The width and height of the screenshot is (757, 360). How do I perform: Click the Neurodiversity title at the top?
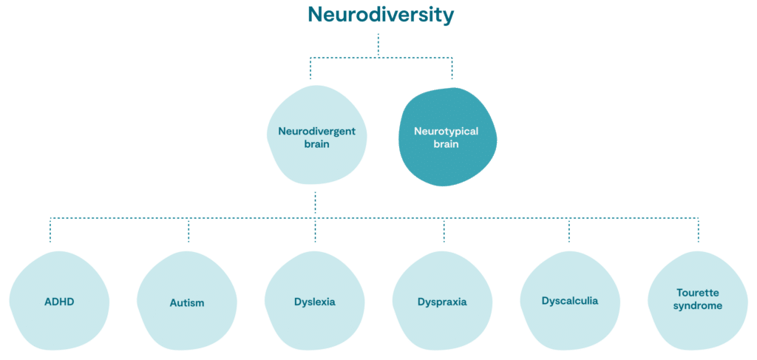point(381,15)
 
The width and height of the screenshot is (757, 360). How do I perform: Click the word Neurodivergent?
point(316,132)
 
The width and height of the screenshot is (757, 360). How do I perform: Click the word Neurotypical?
point(446,132)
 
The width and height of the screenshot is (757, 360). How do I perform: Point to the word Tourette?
point(698,293)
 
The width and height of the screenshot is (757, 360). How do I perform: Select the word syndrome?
point(698,305)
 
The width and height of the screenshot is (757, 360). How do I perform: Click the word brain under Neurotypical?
point(446,144)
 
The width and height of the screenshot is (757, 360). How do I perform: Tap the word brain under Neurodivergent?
point(316,144)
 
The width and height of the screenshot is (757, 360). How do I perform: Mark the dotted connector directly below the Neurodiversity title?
point(378,44)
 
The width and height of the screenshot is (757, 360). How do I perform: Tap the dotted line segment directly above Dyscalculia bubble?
point(568,231)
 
